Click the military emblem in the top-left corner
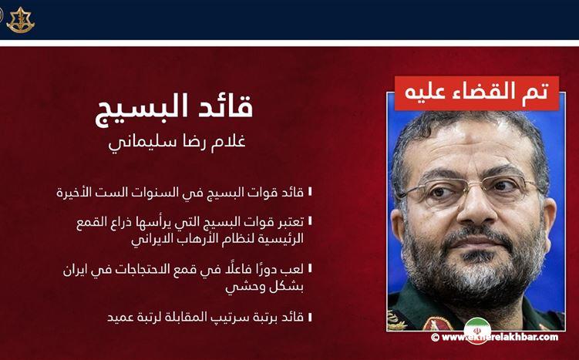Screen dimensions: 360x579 point(20,19)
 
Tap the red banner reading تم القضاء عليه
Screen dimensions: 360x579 point(476,92)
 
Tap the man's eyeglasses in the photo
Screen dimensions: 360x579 point(470,190)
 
